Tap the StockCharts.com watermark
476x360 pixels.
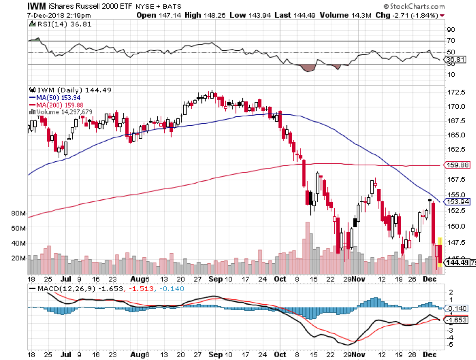(x=415, y=7)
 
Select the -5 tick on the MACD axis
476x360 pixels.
(x=451, y=345)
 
